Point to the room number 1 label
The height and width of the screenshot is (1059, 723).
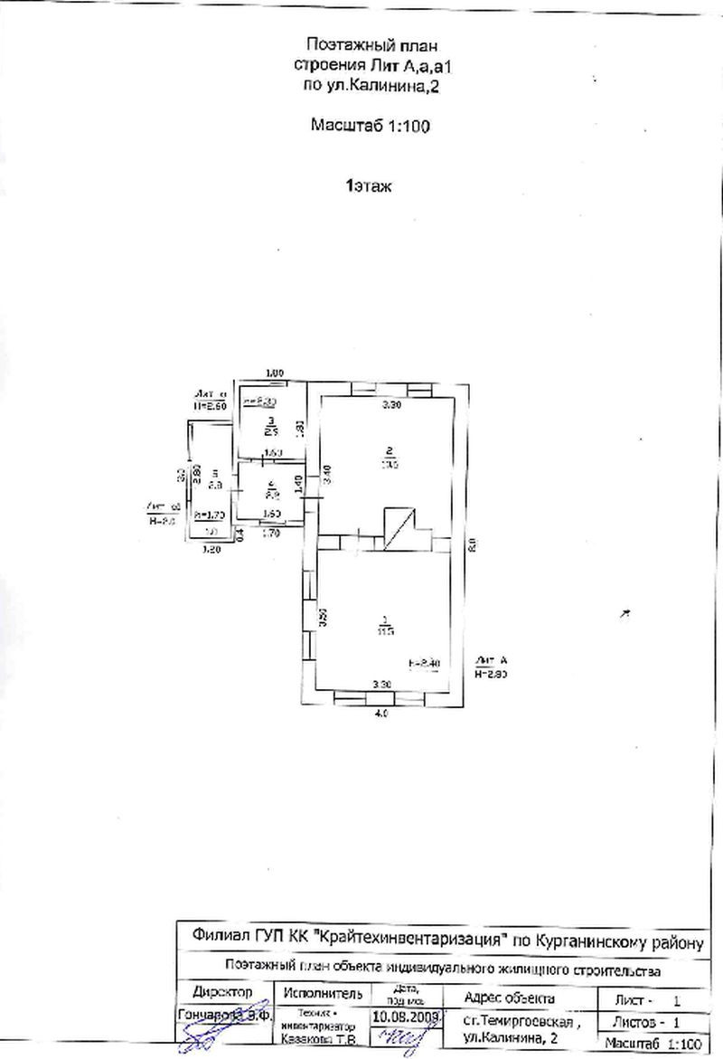[388, 619]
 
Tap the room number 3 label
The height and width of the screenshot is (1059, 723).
[269, 421]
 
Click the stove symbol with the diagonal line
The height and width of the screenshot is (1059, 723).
[399, 528]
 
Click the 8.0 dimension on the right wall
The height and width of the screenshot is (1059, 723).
[471, 544]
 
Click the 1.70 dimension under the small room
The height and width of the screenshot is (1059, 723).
[270, 534]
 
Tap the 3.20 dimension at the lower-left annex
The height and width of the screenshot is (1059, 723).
[211, 548]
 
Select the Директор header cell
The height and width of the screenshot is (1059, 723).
[222, 993]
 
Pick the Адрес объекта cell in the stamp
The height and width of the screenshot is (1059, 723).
[508, 998]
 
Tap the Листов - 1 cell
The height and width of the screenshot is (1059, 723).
[644, 1021]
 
